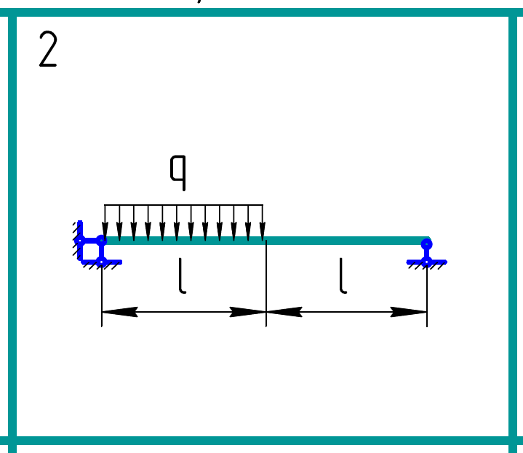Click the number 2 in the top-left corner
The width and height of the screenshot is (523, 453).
(47, 51)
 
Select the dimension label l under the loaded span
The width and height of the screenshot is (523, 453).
(182, 277)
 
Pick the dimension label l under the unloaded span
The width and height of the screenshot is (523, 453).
(343, 277)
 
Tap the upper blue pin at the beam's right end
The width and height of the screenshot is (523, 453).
(426, 244)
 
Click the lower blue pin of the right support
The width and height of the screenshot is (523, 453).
(426, 261)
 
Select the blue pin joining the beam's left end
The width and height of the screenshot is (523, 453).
(101, 240)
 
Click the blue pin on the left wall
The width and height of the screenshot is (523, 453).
(80, 240)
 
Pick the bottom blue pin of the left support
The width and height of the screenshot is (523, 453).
(101, 261)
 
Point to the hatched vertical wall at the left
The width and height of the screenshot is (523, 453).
(77, 238)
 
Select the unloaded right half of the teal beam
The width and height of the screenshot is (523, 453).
(346, 241)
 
